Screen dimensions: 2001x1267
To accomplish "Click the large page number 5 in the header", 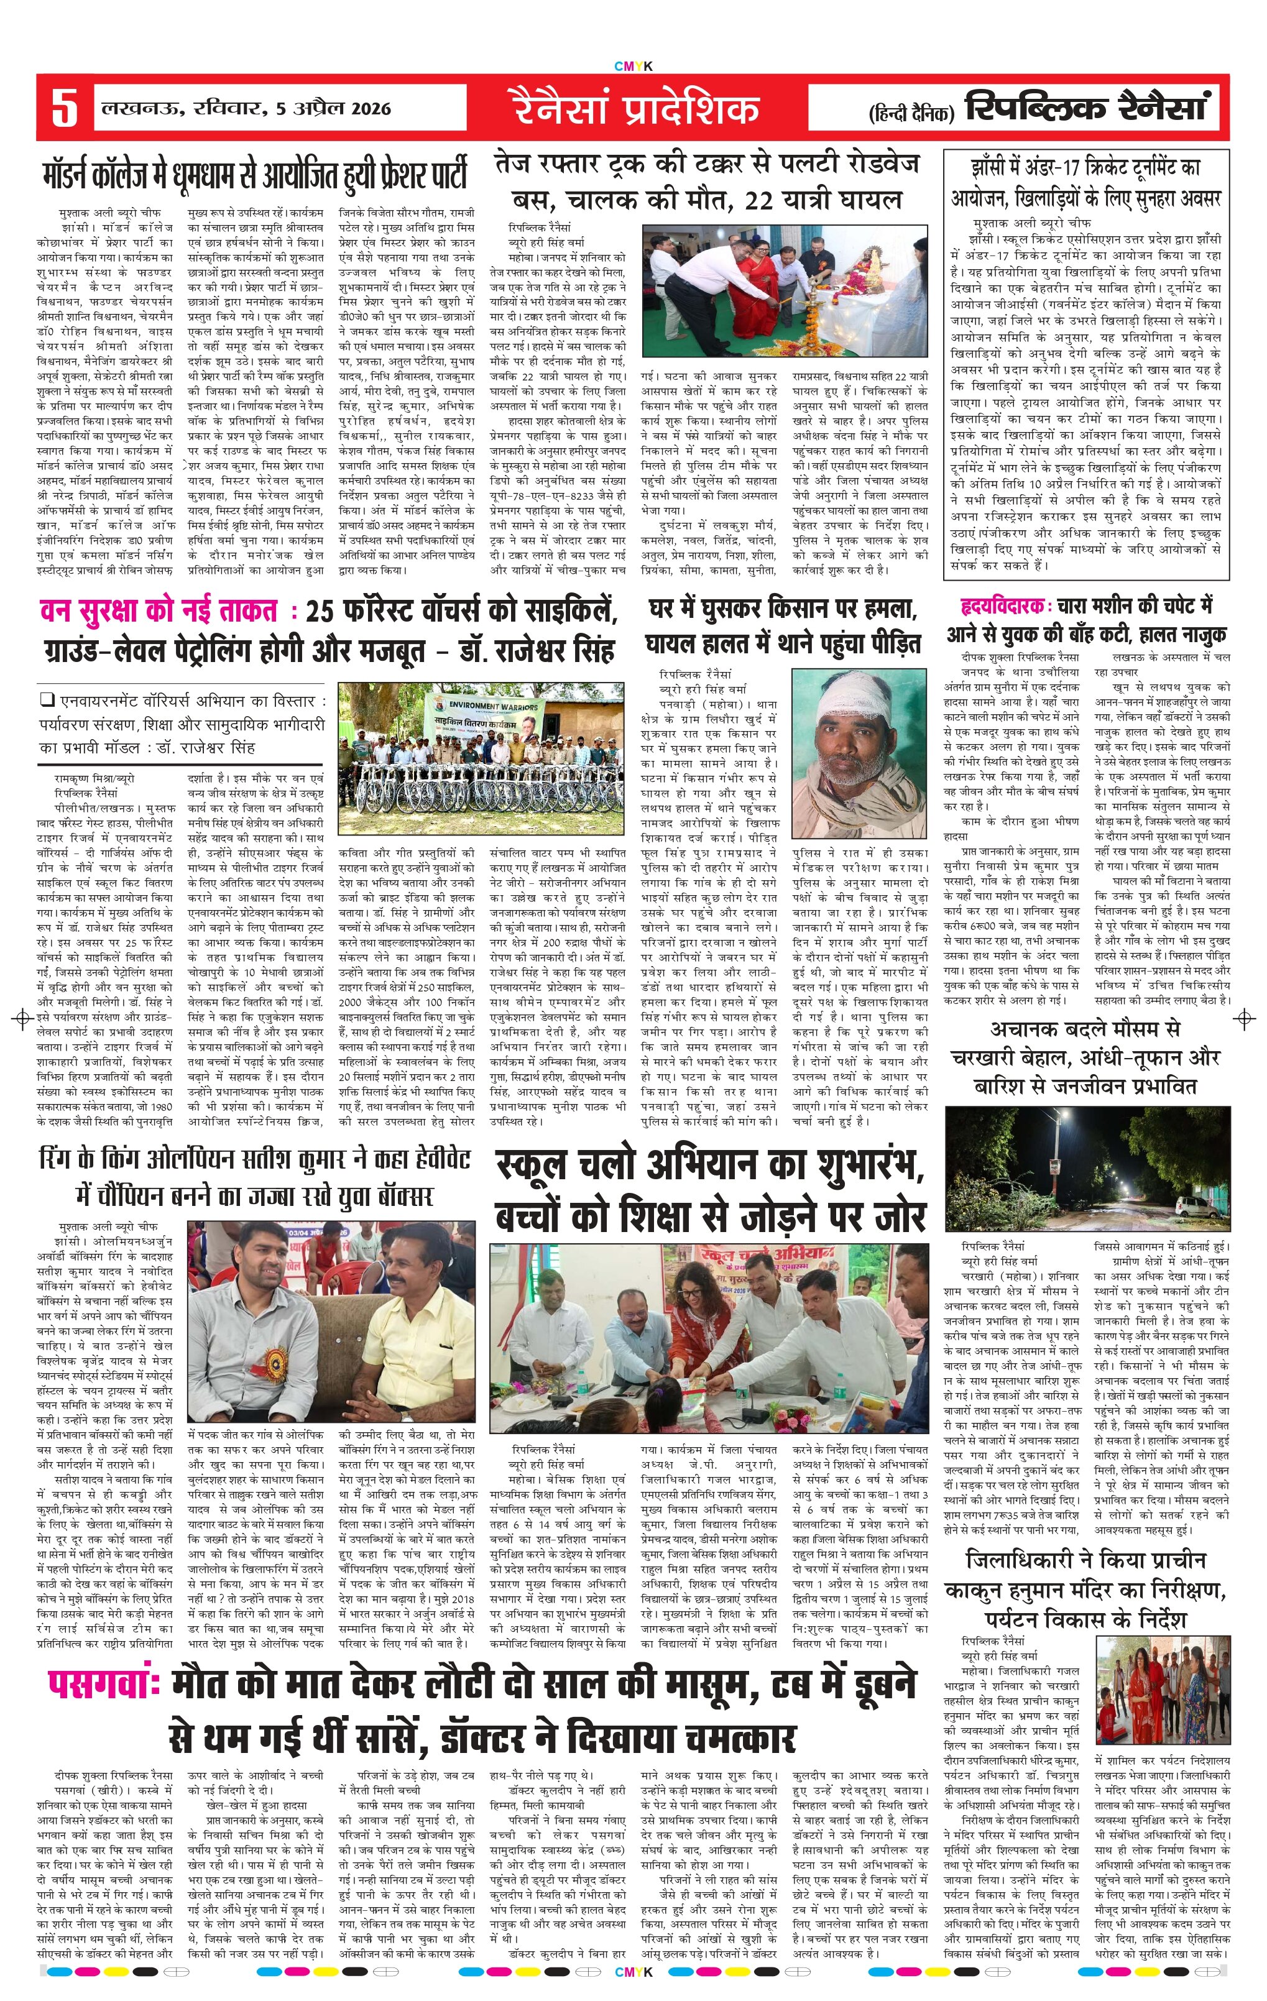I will tap(64, 108).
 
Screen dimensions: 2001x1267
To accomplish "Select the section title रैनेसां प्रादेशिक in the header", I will tap(635, 109).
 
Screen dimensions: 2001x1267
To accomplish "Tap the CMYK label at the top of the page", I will tap(633, 67).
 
